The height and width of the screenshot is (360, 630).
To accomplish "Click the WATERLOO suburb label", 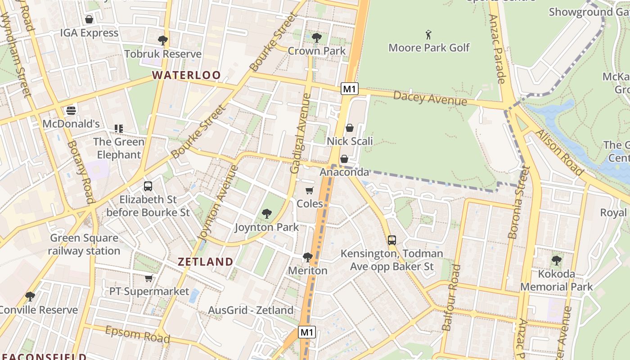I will [x=186, y=75].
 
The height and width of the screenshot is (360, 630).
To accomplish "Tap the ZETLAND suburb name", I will [x=206, y=261].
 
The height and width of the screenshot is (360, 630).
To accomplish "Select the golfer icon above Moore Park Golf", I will [x=428, y=34].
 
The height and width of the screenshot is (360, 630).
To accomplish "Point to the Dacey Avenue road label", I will [x=430, y=98].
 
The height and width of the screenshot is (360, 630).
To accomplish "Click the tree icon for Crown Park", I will [x=316, y=38].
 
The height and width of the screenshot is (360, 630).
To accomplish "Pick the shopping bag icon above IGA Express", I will [x=89, y=19].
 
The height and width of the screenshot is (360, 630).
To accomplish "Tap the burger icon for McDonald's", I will [x=71, y=110].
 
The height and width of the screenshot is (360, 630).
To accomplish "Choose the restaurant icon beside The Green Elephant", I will [x=119, y=129].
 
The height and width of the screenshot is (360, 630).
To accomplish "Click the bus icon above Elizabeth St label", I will [x=148, y=186].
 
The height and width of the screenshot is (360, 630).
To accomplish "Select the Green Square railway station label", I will [x=85, y=244].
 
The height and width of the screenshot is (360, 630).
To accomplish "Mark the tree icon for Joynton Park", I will [x=267, y=214].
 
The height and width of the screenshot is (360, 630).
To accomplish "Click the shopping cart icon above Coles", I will [x=310, y=190].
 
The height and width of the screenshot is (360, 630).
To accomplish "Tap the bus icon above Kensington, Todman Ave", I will [x=392, y=240].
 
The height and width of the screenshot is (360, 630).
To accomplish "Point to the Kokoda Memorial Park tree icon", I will [x=557, y=260].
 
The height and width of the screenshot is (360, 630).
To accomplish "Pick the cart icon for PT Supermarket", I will [x=149, y=278].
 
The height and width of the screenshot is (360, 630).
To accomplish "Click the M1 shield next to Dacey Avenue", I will [x=349, y=89].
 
